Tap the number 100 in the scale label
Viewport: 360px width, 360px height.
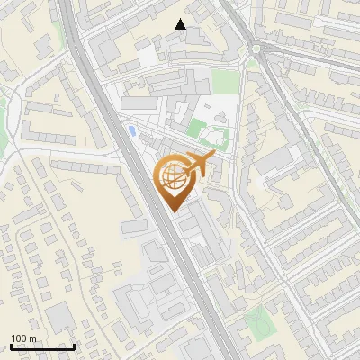tap(19, 338)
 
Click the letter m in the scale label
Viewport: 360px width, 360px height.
tap(32, 338)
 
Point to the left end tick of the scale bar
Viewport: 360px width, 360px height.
tap(11, 346)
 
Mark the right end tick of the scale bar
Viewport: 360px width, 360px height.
tap(75, 346)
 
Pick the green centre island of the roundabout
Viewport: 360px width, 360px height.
tap(257, 48)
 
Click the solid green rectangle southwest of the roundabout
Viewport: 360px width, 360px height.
tap(227, 82)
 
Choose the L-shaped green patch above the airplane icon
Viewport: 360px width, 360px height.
tap(214, 135)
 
